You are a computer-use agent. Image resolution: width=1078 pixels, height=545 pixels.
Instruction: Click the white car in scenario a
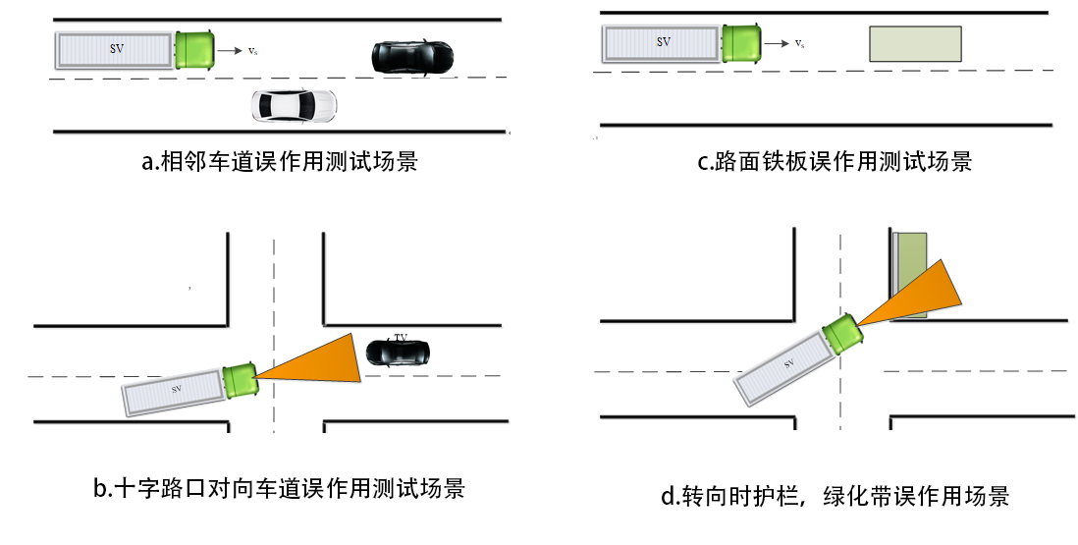(x=294, y=105)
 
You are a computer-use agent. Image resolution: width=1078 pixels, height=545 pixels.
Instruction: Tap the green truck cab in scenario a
(x=196, y=49)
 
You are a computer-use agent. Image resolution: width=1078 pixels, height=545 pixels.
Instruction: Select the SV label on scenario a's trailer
(x=116, y=48)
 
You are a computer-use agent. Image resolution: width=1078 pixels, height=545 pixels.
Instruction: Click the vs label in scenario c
(x=800, y=43)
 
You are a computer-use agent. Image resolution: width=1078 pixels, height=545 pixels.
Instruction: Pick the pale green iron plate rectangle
(x=915, y=45)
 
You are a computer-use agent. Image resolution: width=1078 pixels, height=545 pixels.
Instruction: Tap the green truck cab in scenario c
(x=741, y=43)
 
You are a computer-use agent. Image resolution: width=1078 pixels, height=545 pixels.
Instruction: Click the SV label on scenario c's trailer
(x=664, y=42)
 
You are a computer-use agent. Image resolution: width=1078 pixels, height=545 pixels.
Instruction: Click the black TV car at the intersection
(x=397, y=351)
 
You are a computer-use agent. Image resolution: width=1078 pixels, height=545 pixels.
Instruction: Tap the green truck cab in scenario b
(x=241, y=379)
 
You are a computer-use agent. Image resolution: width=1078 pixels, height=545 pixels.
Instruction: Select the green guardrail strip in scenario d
(x=911, y=274)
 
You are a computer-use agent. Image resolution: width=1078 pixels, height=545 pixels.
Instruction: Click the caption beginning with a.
(x=281, y=161)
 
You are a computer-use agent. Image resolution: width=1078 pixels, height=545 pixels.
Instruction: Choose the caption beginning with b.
(x=279, y=488)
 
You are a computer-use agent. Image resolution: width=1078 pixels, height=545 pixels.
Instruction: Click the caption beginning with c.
(x=835, y=161)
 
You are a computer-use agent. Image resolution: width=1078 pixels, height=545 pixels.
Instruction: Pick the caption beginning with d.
(x=835, y=496)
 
